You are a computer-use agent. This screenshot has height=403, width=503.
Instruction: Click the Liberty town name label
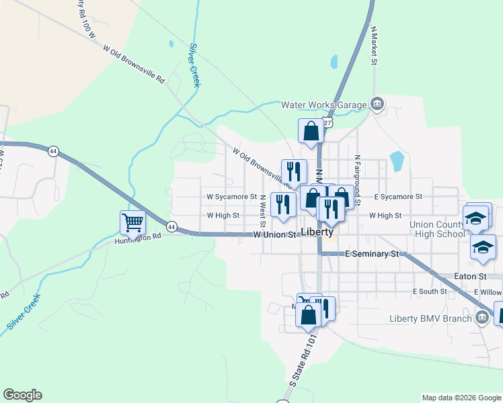click(x=317, y=232)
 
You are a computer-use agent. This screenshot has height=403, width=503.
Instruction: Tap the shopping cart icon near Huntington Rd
click(x=132, y=222)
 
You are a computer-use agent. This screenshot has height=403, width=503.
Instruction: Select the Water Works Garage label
click(x=323, y=104)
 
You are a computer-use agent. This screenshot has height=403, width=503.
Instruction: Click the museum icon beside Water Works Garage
click(x=377, y=104)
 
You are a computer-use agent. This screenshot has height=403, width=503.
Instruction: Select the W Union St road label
click(x=274, y=235)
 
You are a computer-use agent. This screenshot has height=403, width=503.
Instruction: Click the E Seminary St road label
click(x=372, y=254)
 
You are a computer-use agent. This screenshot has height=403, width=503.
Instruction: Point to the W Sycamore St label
click(x=231, y=197)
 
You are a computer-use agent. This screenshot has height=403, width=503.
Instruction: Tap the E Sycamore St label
click(x=397, y=197)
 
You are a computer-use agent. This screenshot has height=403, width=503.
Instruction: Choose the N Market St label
click(x=373, y=46)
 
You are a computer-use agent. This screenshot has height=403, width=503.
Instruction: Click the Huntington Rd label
click(x=138, y=238)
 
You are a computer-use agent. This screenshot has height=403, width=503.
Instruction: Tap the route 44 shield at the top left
click(x=52, y=152)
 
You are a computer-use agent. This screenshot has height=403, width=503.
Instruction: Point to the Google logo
click(x=22, y=395)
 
